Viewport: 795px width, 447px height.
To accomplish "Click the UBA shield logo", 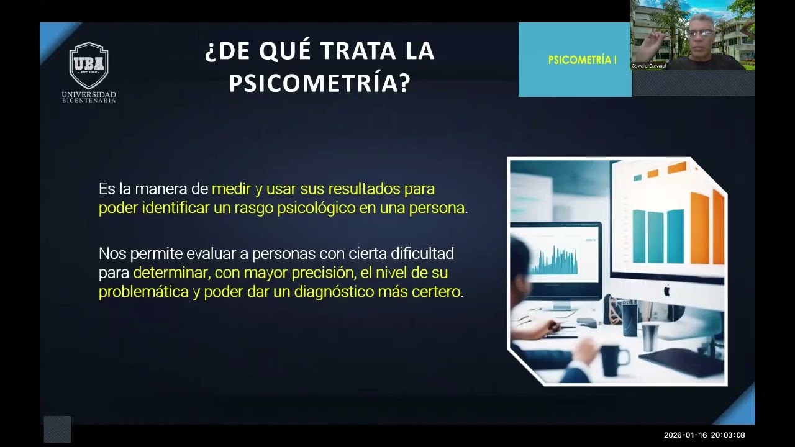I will tap(89, 65).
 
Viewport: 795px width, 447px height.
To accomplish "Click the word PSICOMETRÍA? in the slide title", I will tap(320, 83).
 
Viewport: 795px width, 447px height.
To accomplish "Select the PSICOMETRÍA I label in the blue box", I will tap(582, 60).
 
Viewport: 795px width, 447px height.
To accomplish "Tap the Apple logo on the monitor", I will tap(667, 290).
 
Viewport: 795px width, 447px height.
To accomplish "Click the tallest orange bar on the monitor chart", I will tap(718, 227).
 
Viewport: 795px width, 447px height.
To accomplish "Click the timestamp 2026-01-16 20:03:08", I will tap(704, 435).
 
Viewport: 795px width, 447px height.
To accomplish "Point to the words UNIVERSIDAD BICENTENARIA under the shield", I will tap(89, 97).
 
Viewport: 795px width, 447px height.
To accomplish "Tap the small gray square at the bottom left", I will tap(57, 430).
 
